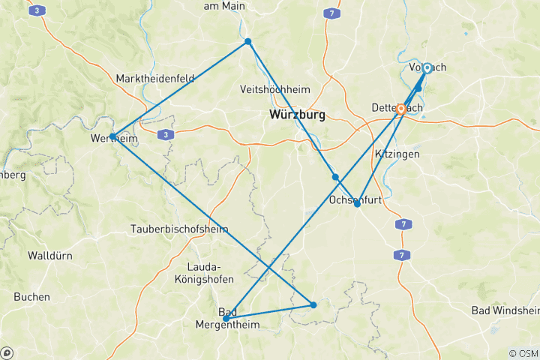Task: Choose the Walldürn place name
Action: click(50, 256)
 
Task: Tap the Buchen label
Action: click(31, 297)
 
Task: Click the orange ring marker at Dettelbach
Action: click(401, 109)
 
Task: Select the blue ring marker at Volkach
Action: click(427, 68)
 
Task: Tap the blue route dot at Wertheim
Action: click(112, 136)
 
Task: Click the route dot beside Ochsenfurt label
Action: click(357, 204)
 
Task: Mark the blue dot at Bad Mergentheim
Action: click(226, 319)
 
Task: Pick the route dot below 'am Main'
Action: click(248, 41)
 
